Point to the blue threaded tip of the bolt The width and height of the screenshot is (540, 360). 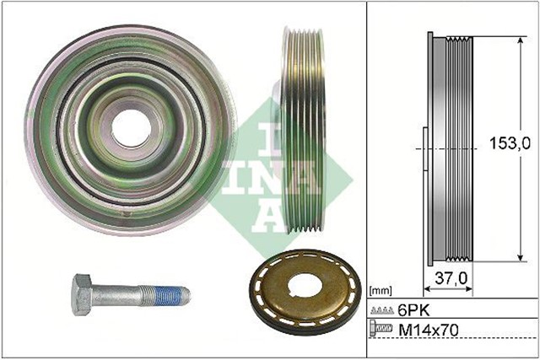(172, 295)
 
